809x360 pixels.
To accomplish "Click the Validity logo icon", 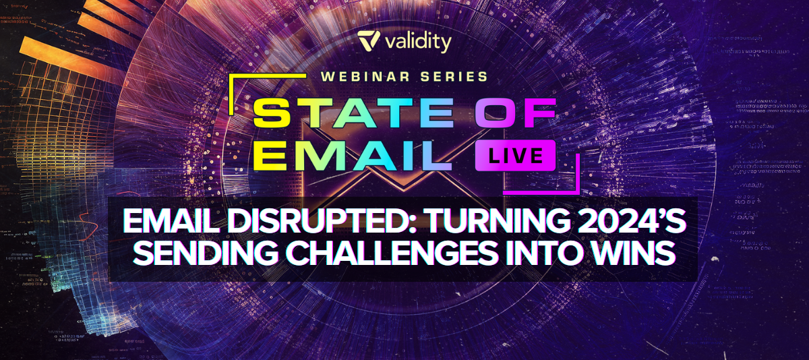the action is [369, 40].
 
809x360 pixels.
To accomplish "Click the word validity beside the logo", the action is [418, 42].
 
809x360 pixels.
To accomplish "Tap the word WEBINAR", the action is [365, 77].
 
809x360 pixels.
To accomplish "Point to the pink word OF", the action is [515, 113].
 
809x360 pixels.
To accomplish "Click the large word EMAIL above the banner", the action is [353, 156].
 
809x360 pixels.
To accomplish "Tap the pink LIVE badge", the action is [515, 156].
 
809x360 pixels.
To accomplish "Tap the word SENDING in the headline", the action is [206, 252].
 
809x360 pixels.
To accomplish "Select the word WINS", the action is [635, 252].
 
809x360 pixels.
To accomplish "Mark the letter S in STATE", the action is [272, 113].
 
